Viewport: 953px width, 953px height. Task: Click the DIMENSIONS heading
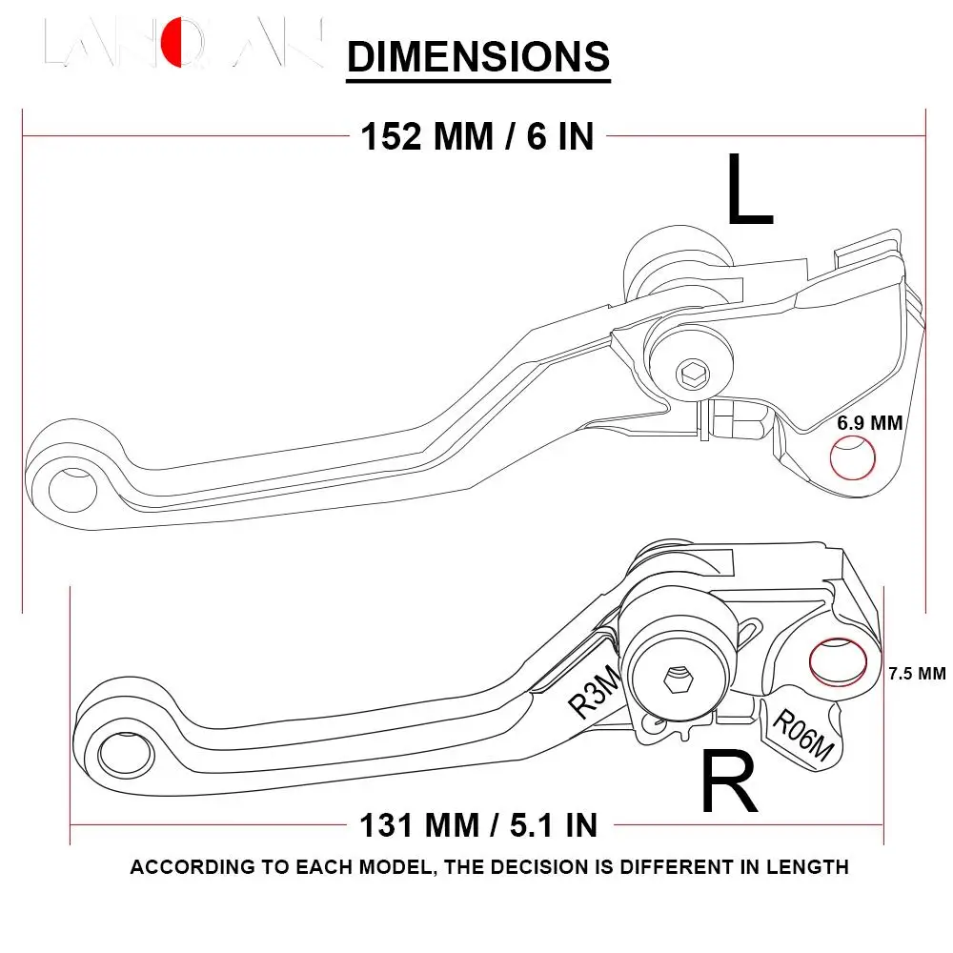click(x=477, y=56)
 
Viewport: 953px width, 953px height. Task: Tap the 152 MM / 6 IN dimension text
click(x=476, y=137)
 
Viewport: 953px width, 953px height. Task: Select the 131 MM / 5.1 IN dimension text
click(x=478, y=823)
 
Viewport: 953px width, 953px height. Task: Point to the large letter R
click(x=729, y=781)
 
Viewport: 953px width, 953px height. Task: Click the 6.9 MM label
click(x=869, y=422)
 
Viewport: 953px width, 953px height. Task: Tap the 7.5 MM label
click(x=917, y=673)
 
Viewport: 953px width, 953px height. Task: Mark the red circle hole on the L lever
click(x=854, y=459)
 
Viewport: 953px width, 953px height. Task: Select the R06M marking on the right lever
click(x=801, y=737)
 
